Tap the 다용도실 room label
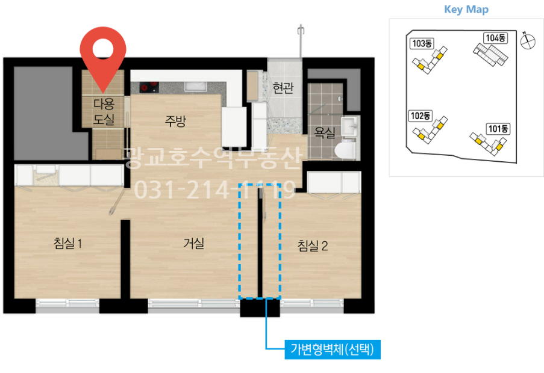104,111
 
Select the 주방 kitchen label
175,121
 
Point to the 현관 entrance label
283,88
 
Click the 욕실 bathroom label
324,132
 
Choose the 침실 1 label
68,243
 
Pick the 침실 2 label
313,245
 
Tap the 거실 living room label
193,243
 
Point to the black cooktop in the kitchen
149,87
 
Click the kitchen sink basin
196,86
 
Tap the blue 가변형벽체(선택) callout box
333,350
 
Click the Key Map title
466,10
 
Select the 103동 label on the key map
422,43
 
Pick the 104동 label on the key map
495,38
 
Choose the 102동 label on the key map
421,116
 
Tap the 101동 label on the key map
498,129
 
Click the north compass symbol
528,41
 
